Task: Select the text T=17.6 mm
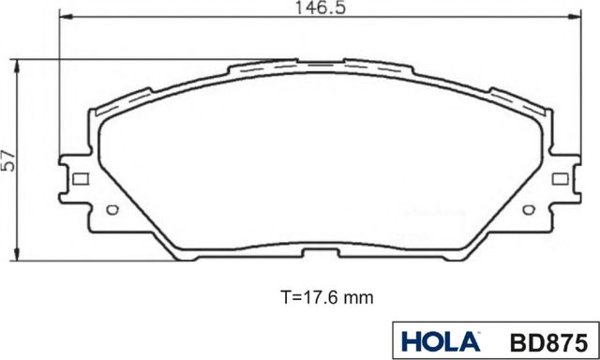314,298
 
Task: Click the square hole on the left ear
80,179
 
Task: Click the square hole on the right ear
560,178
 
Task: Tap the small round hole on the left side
113,210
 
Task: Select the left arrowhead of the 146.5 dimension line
63,18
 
